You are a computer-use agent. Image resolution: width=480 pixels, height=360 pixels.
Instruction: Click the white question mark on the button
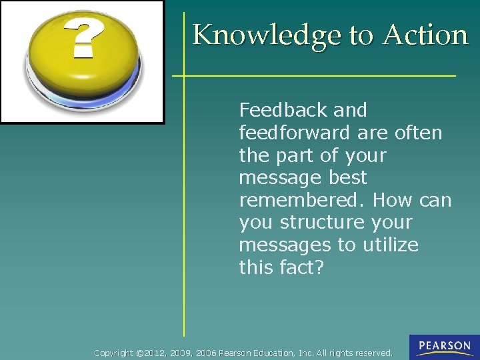click(83, 38)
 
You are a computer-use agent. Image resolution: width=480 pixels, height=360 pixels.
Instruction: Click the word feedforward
click(295, 133)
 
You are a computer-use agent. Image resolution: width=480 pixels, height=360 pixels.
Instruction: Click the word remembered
click(302, 200)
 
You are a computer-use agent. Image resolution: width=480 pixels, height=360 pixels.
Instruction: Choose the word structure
click(322, 223)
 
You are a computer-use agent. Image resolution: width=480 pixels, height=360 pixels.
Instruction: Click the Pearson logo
click(444, 347)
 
